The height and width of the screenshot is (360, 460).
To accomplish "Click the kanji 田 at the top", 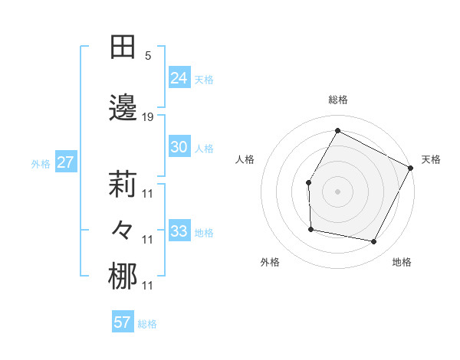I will point(123,47).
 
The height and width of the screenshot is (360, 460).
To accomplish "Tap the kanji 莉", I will point(123,186).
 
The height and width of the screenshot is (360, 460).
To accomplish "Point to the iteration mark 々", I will point(123,230).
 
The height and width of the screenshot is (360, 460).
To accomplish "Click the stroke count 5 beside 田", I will point(148,55).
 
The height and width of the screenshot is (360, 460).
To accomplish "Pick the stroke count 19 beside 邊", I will point(148,117).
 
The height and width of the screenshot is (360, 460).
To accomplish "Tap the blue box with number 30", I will point(179,147).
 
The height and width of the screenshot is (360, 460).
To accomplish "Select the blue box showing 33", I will point(179,231).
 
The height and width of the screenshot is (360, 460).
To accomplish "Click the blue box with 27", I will point(66,162).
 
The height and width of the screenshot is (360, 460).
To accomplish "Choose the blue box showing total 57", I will point(123,322).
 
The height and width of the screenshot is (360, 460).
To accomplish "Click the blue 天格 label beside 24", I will point(204,78).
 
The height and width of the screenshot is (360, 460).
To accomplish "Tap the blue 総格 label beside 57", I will point(147,324).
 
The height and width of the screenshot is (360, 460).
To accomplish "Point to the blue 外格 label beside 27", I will point(41,164).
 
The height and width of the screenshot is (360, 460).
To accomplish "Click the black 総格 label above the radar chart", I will point(337,100).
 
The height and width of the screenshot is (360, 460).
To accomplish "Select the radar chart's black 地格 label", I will point(402,263).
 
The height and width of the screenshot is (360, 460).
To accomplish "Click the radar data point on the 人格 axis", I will point(308,182).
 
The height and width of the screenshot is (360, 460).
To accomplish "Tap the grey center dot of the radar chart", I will point(337,191).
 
